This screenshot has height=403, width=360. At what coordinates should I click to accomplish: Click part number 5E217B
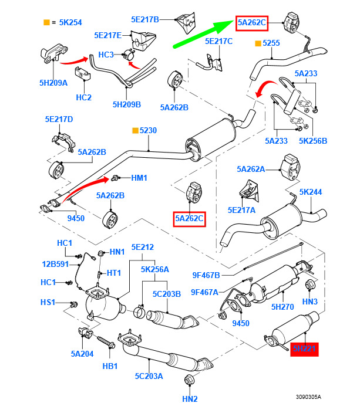coord(144,19)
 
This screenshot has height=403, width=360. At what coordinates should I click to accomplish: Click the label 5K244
coord(311,192)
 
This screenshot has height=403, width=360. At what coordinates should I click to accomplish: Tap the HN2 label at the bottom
coord(189,399)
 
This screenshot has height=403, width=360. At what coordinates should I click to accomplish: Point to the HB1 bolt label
coord(110,365)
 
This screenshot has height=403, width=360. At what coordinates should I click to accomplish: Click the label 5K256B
coord(312,141)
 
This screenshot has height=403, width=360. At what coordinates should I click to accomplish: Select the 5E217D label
coord(59,119)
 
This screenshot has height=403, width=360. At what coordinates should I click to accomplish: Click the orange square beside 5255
coord(257,43)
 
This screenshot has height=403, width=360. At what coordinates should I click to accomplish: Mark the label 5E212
coord(142,247)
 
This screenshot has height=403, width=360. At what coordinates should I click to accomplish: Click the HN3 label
coord(310,302)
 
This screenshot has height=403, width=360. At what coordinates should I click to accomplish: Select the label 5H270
coord(282,306)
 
